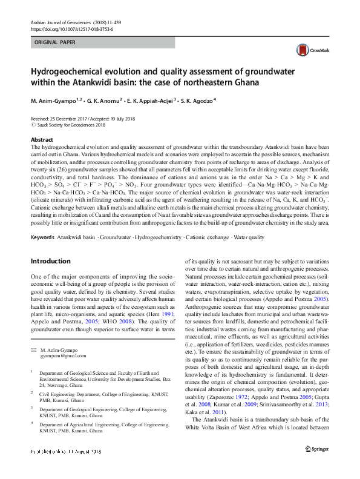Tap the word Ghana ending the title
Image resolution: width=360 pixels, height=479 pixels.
[x=243, y=83]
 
